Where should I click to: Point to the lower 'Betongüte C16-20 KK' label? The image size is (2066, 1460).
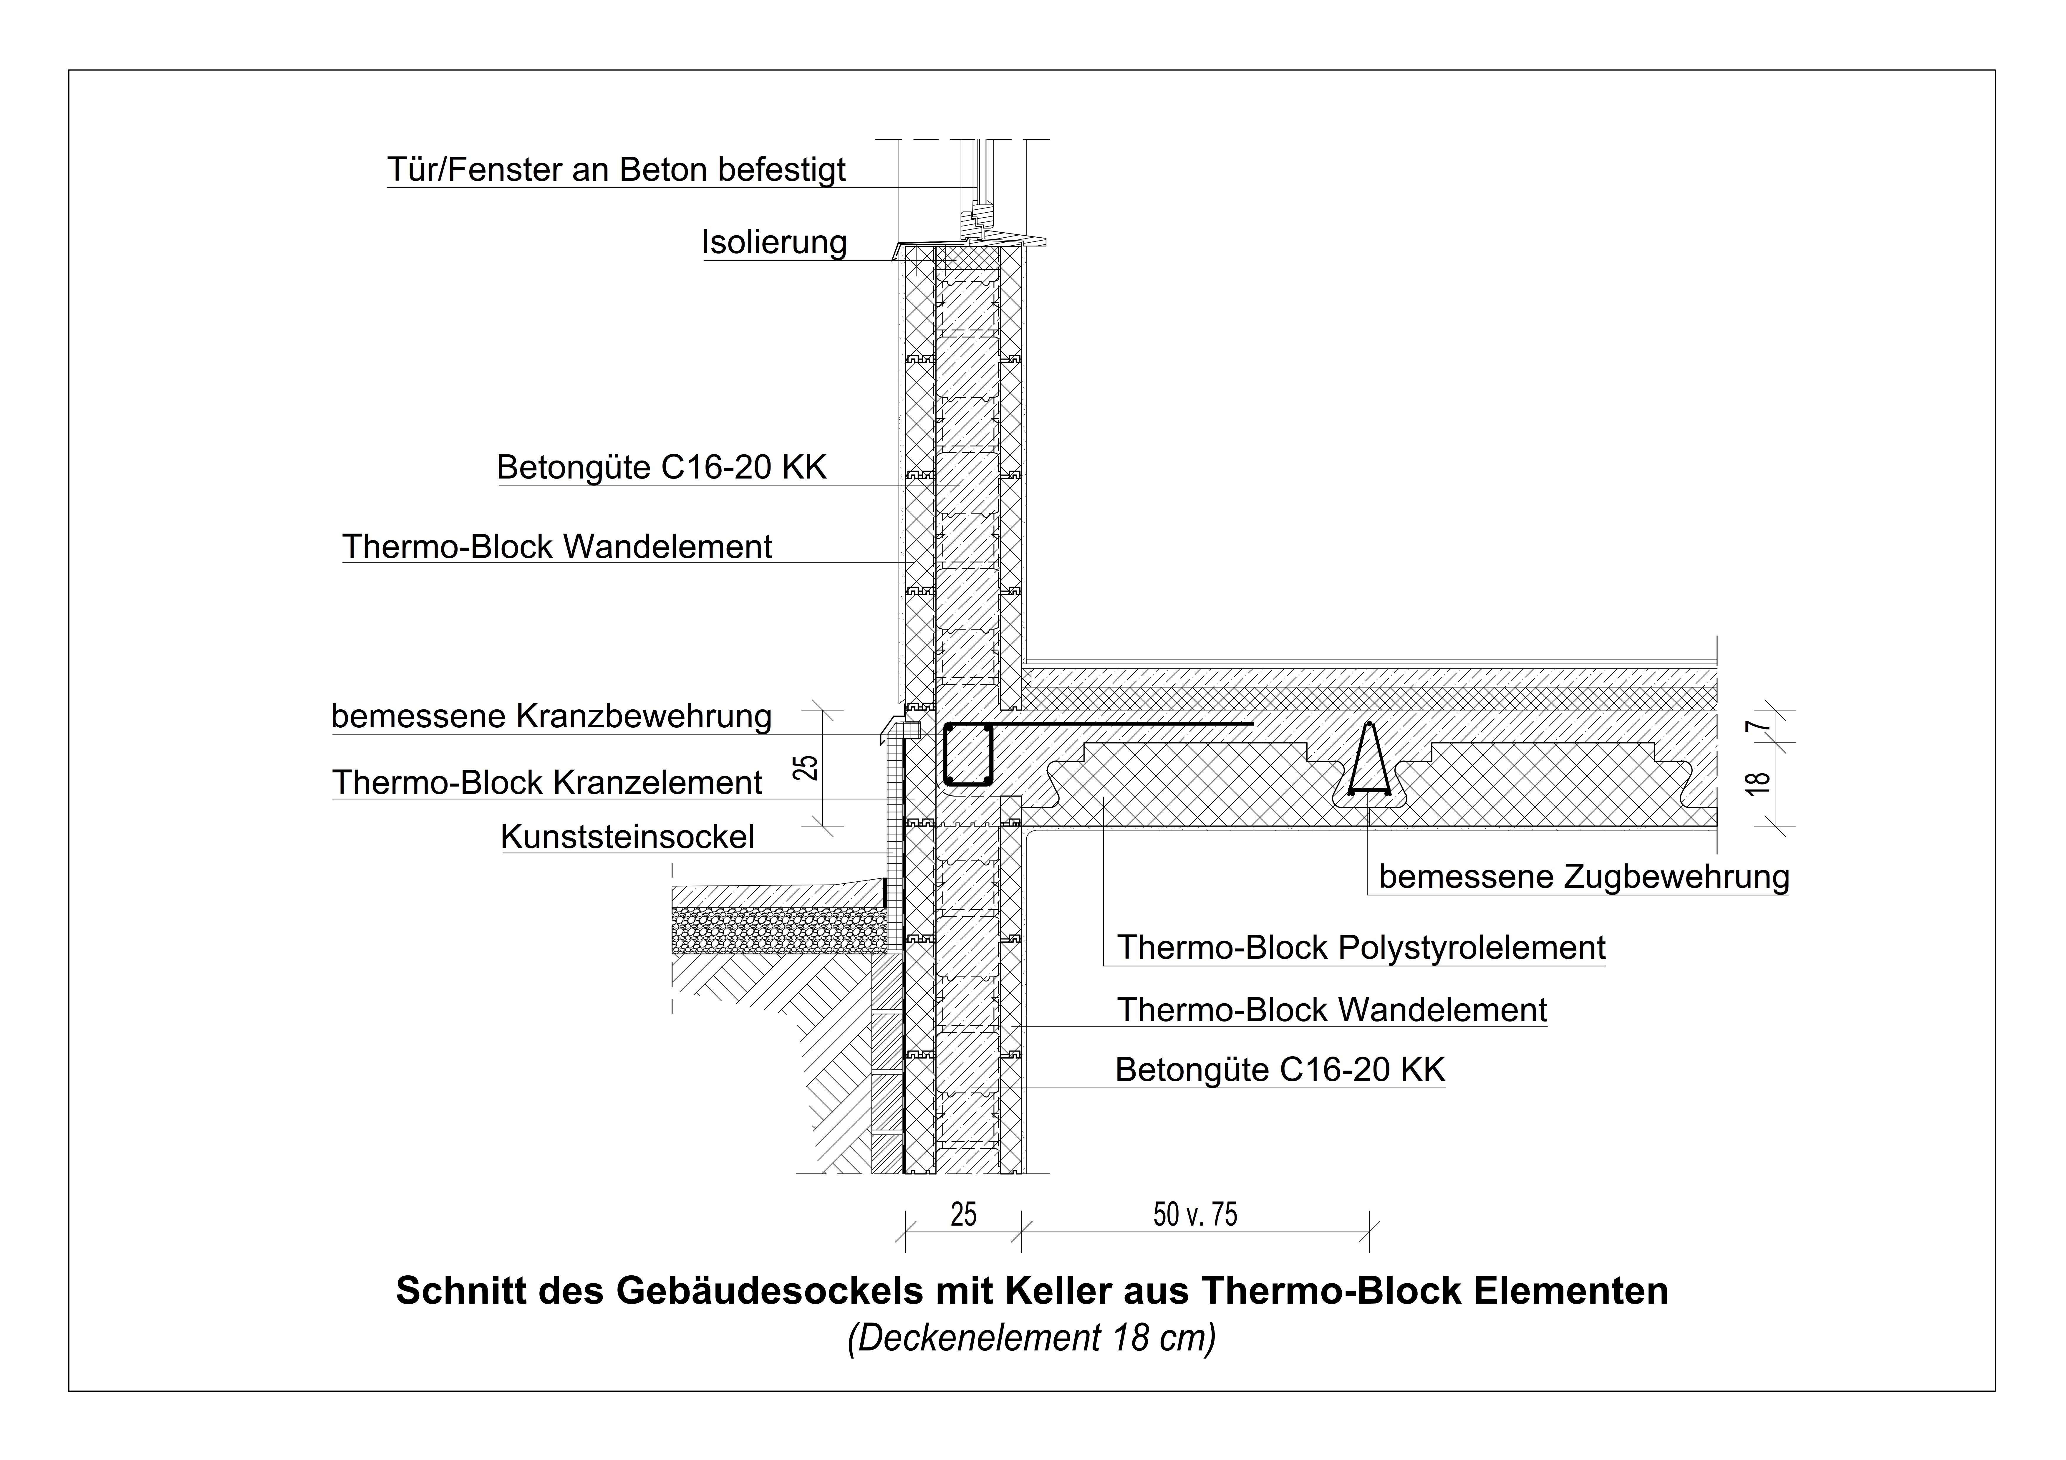(1280, 1069)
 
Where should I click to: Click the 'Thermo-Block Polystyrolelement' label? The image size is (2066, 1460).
(1361, 947)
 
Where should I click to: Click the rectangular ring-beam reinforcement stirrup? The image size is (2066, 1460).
(968, 754)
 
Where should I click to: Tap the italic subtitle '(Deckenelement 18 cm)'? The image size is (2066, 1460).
(1031, 1337)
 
